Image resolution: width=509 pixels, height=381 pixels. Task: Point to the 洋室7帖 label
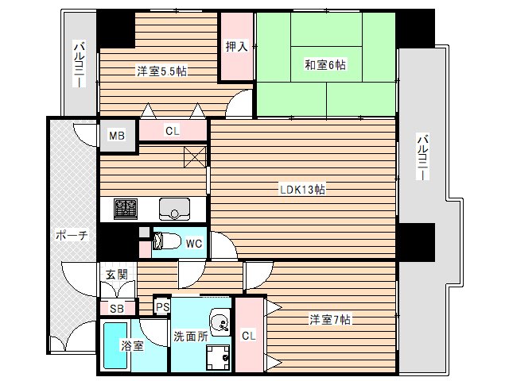pos(330,320)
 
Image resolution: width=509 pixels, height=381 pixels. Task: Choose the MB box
pos(117,135)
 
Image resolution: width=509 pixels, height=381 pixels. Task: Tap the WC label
pos(192,244)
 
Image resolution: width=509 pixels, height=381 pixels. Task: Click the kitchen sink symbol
pos(173,209)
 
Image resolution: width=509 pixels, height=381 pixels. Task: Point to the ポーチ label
pos(70,236)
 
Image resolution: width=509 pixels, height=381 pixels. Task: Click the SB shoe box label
pos(116,308)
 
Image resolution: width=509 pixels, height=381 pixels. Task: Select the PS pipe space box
pos(162,306)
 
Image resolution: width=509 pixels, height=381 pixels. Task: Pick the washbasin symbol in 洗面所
pos(220,322)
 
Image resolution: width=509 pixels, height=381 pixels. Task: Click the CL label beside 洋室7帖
pos(248,336)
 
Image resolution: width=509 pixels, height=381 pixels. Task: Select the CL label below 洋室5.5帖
pos(173,131)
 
